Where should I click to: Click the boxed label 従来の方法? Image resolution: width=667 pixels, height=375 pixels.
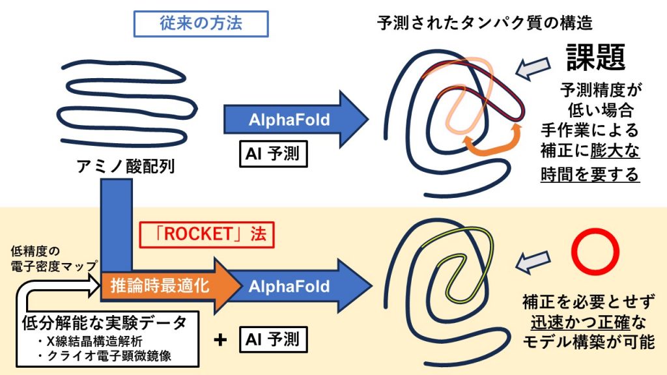point(201,23)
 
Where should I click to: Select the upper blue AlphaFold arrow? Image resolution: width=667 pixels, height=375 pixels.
point(290,120)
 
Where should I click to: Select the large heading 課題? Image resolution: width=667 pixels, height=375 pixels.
point(596,57)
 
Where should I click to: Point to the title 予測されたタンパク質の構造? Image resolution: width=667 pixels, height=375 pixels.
point(485,23)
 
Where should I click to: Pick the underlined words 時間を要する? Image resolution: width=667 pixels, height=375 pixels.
point(590,174)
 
